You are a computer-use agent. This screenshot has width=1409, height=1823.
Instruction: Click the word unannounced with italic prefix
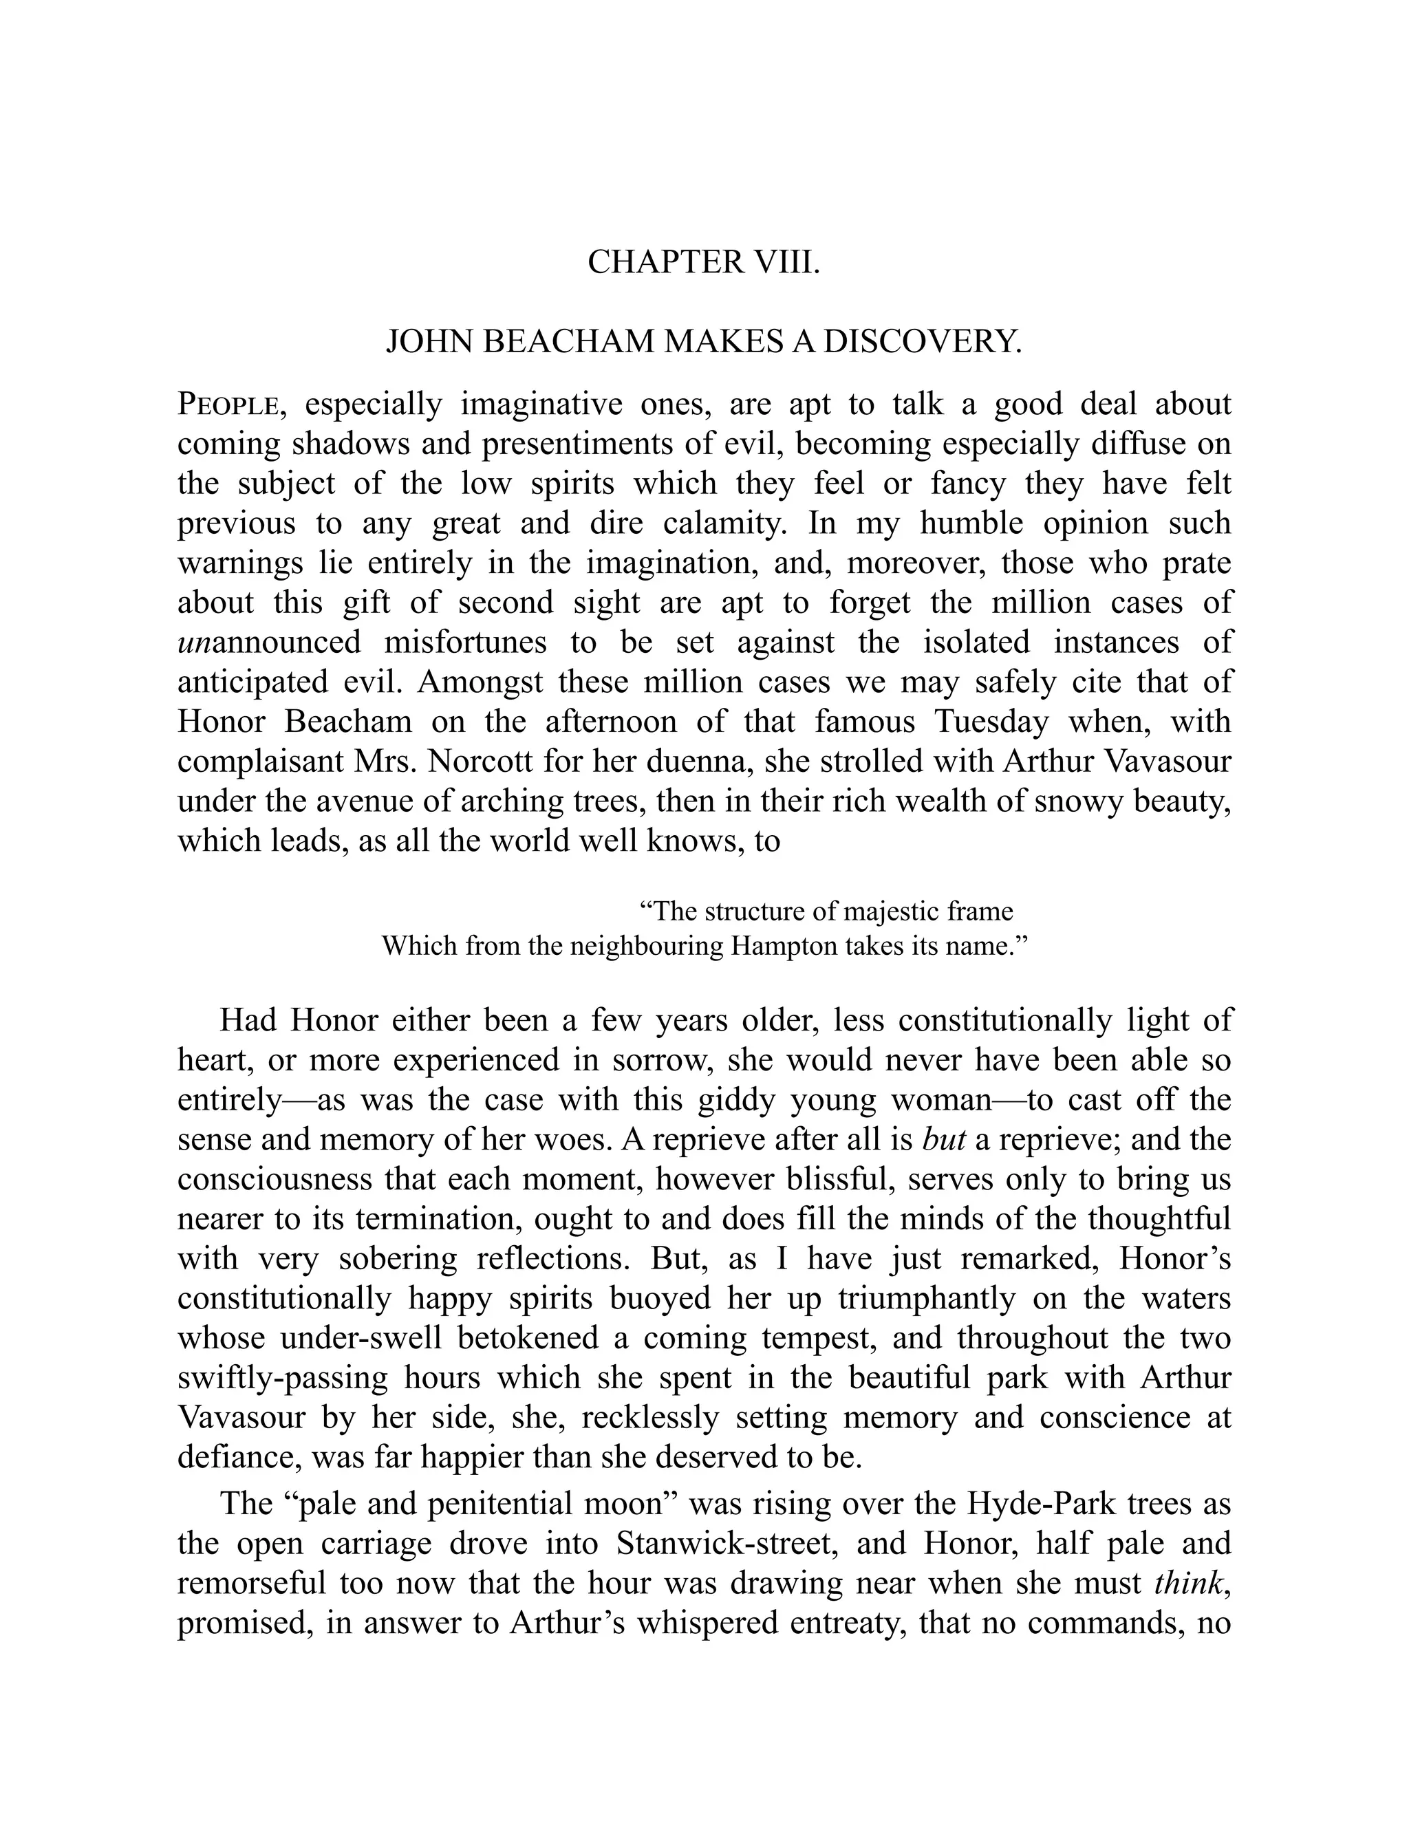pyautogui.click(x=270, y=642)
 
